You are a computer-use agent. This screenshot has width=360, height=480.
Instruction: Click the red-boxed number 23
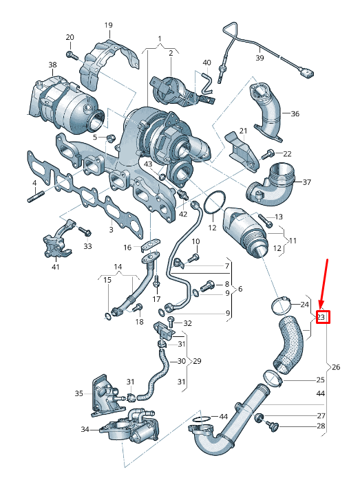tap(321, 317)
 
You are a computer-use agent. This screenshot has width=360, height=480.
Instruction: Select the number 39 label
tap(260, 58)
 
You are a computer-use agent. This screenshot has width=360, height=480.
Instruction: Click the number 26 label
tap(336, 367)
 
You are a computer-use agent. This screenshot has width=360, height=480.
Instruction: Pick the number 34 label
tap(85, 430)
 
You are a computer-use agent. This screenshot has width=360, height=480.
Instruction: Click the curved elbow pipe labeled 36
tap(268, 110)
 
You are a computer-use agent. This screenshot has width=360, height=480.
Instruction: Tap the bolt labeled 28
tap(275, 427)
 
